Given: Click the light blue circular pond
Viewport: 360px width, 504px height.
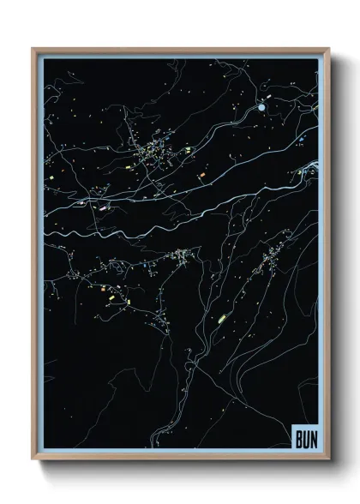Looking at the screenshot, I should tap(261, 108).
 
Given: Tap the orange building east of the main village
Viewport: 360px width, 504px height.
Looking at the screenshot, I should tap(202, 175).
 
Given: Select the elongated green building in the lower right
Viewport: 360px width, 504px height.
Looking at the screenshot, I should tap(222, 316).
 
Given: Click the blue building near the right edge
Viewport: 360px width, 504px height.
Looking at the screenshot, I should tap(302, 135).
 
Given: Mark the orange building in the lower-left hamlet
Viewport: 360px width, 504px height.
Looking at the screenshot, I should tap(110, 297).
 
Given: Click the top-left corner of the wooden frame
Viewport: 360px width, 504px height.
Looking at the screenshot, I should tap(33, 49).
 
